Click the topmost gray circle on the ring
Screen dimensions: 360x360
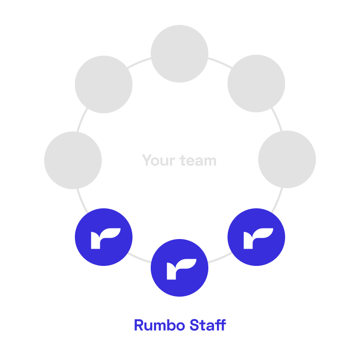coord(180,53)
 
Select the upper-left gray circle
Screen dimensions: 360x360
coord(104,84)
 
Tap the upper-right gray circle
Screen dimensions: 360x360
coord(256,84)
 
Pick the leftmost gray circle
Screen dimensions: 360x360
coord(73,160)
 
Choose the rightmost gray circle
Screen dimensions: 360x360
coord(287,159)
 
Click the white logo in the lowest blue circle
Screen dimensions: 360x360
coord(181,269)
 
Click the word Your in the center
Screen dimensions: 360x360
coord(157,160)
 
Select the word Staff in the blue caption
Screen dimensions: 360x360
coord(207,325)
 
